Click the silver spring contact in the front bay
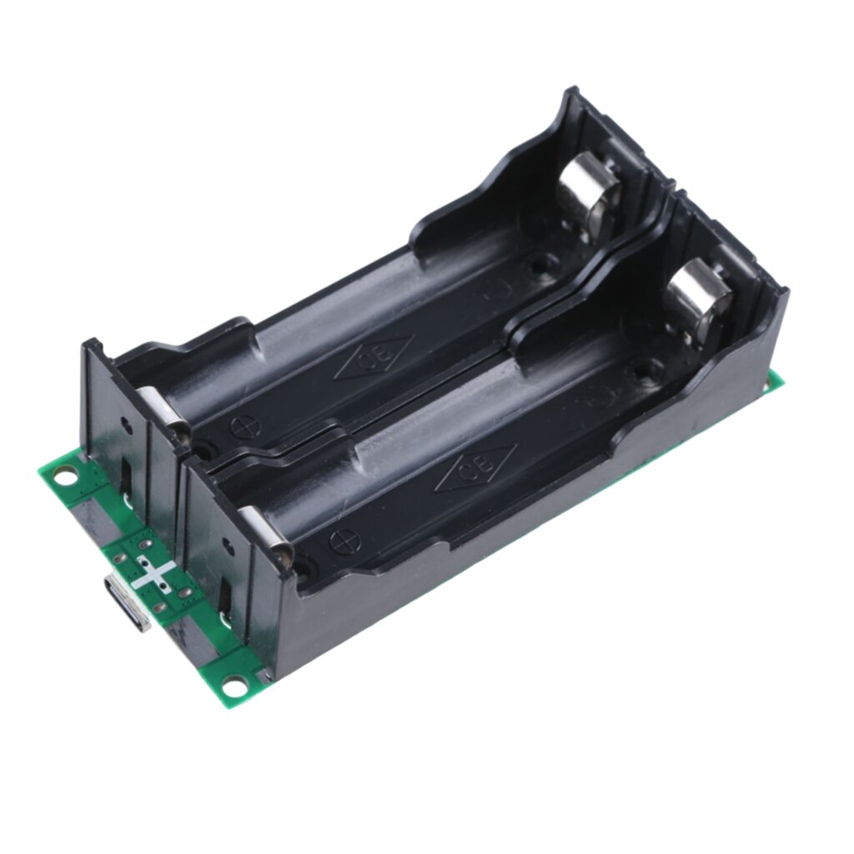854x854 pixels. (x=698, y=301)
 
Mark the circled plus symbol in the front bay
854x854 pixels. (x=343, y=540)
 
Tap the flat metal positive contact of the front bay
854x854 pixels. (x=265, y=532)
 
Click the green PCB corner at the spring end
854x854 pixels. (x=775, y=379)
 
